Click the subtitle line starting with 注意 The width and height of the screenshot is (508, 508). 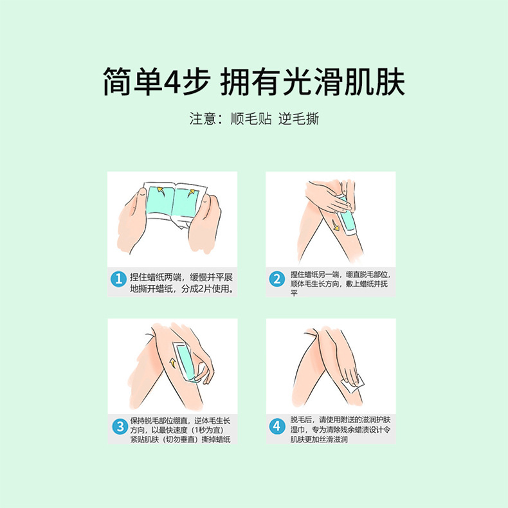click(x=253, y=119)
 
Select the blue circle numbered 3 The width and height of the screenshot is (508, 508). click(x=118, y=426)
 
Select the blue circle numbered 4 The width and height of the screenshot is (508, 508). click(x=277, y=426)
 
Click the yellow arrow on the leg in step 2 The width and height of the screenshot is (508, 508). click(x=336, y=226)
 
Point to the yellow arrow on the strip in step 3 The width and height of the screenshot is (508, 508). click(x=173, y=364)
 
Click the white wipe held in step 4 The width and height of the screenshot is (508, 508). click(x=355, y=385)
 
